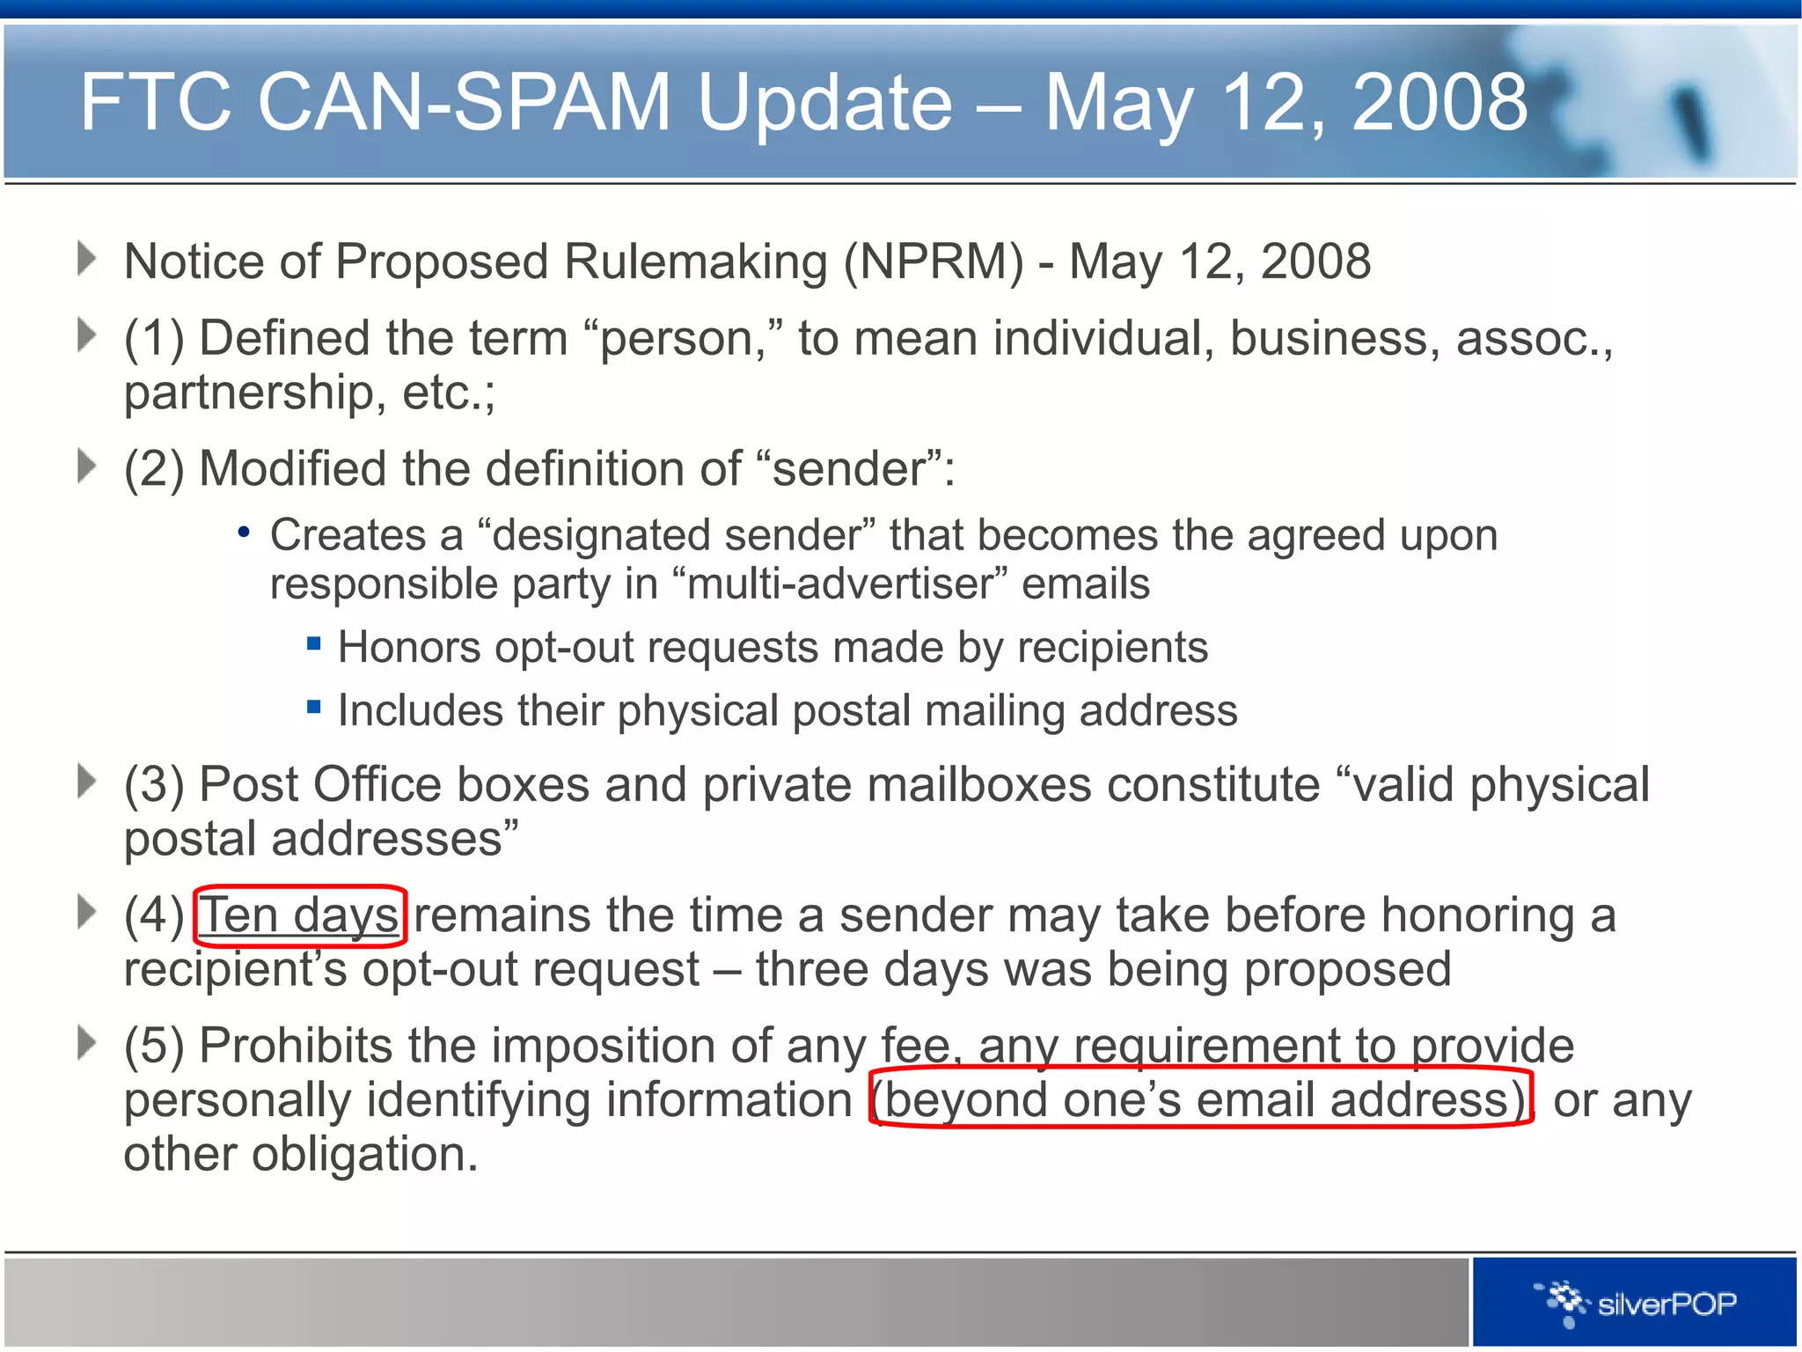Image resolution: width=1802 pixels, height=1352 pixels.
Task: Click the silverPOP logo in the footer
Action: click(x=1637, y=1303)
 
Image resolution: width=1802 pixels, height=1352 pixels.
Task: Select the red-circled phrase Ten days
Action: click(x=299, y=916)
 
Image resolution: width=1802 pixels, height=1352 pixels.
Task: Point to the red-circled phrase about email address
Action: click(x=1200, y=1099)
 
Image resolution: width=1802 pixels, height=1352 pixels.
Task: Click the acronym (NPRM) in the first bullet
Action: click(x=934, y=261)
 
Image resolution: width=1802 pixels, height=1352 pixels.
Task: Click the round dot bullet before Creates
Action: click(x=244, y=533)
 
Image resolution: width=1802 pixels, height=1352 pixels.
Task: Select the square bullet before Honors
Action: click(x=314, y=643)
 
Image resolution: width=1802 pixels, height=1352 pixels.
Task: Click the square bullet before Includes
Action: click(x=314, y=706)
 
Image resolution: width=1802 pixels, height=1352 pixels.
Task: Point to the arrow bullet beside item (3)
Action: click(x=86, y=781)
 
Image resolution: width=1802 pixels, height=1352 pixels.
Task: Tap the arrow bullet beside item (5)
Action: click(x=86, y=1043)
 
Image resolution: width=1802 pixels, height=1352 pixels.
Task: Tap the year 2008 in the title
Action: click(x=1439, y=102)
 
